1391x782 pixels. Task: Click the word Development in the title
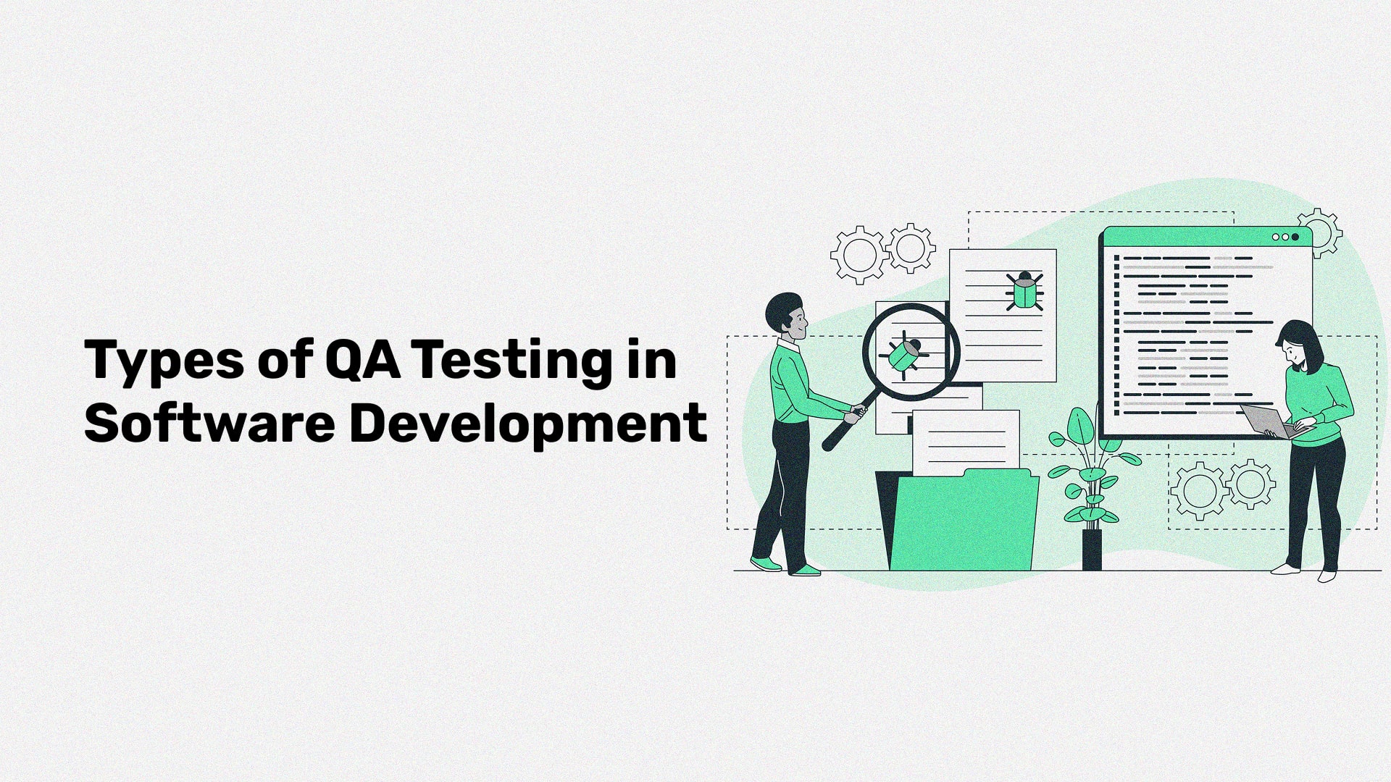(x=528, y=424)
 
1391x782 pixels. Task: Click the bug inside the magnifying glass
(x=902, y=355)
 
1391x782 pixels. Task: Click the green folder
(x=964, y=521)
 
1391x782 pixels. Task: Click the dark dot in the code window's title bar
(x=1295, y=237)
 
